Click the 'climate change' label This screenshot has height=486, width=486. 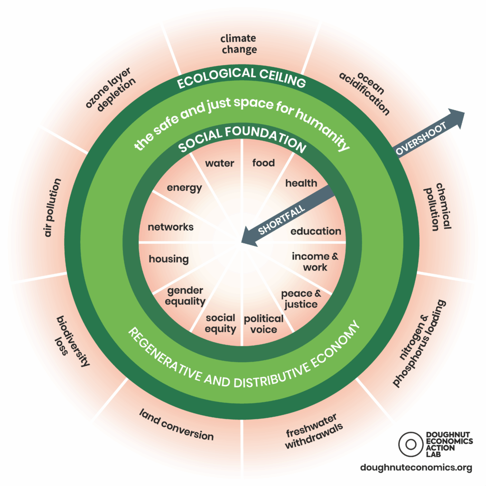click(x=239, y=44)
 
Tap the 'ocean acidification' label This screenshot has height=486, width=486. click(x=364, y=93)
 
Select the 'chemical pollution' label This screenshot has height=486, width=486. click(x=438, y=206)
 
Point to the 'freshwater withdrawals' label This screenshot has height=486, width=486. click(x=314, y=431)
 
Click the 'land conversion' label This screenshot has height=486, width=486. click(x=177, y=425)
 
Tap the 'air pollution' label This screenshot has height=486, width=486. click(x=52, y=207)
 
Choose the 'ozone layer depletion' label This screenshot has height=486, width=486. click(x=110, y=89)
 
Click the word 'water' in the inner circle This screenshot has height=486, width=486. click(x=219, y=163)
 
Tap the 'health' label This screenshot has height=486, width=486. click(x=301, y=183)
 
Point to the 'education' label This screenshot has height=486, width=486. click(x=316, y=231)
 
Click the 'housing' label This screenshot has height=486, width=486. click(x=168, y=259)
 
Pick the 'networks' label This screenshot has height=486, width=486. click(x=170, y=227)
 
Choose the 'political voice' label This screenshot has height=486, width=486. click(x=263, y=324)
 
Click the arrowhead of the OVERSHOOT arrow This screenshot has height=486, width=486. click(x=456, y=118)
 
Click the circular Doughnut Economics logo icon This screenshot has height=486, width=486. click(x=411, y=444)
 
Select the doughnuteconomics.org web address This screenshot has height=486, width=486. click(x=416, y=467)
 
